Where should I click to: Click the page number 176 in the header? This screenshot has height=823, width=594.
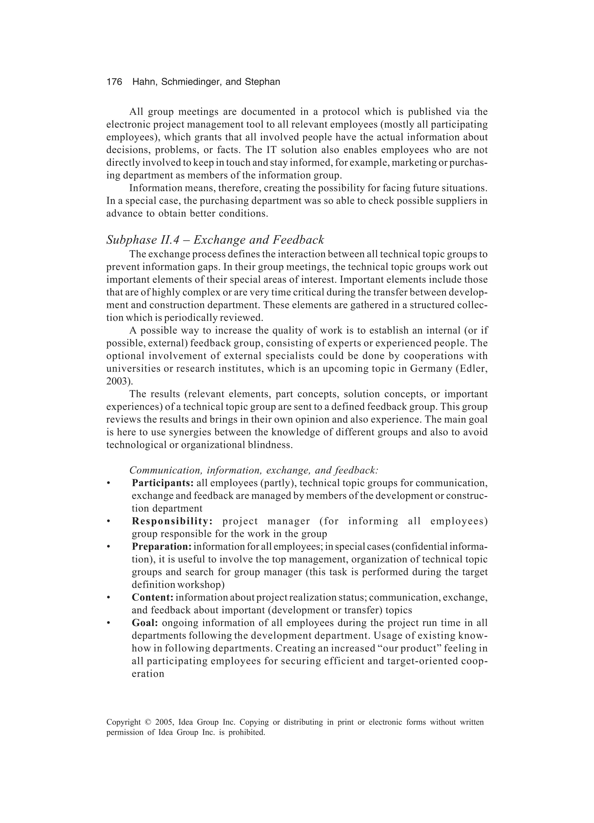(x=114, y=82)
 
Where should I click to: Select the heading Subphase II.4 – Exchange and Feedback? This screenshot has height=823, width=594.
(x=215, y=240)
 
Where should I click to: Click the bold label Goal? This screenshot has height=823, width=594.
(x=145, y=623)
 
